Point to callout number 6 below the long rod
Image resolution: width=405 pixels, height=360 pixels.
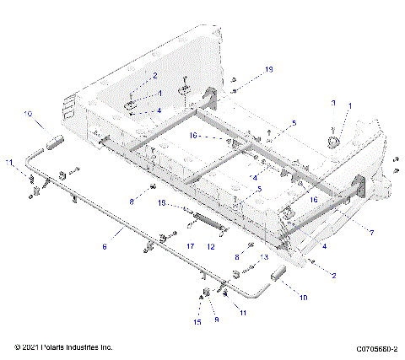pyautogui.click(x=104, y=247)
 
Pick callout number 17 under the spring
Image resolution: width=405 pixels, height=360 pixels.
pyautogui.click(x=190, y=246)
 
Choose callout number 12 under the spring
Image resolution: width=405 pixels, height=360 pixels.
pyautogui.click(x=212, y=246)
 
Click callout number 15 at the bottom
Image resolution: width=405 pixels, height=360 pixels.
pyautogui.click(x=199, y=321)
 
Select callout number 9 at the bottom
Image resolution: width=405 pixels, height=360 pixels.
pyautogui.click(x=216, y=321)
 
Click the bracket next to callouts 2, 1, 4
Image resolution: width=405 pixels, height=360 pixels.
pyautogui.click(x=134, y=105)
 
